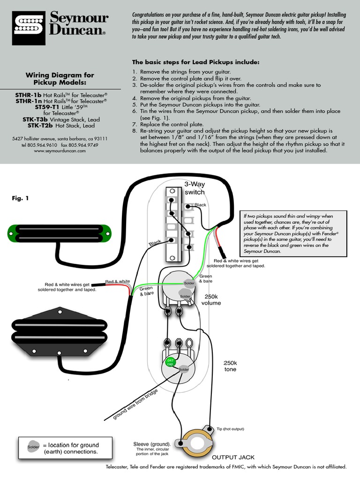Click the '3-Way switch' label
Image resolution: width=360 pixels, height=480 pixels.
click(194, 188)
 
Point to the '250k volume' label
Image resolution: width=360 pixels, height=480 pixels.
click(211, 300)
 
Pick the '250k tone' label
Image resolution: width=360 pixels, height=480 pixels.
click(230, 366)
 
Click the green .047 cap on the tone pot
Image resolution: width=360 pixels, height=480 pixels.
click(170, 362)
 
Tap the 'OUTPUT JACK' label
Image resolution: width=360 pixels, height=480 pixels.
click(233, 457)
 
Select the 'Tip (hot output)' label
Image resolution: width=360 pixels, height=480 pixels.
click(230, 429)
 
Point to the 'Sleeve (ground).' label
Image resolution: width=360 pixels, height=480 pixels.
click(152, 444)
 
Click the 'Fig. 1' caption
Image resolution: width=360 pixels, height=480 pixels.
click(20, 198)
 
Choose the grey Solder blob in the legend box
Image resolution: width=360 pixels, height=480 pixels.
click(33, 446)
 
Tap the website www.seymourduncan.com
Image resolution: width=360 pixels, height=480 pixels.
click(60, 151)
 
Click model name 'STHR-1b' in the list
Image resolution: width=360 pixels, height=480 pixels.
click(29, 94)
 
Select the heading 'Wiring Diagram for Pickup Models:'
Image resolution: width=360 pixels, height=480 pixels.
click(60, 78)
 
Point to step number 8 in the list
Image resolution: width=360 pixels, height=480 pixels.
click(134, 131)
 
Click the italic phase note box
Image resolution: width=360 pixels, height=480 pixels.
click(293, 233)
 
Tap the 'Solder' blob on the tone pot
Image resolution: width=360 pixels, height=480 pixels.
click(183, 369)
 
